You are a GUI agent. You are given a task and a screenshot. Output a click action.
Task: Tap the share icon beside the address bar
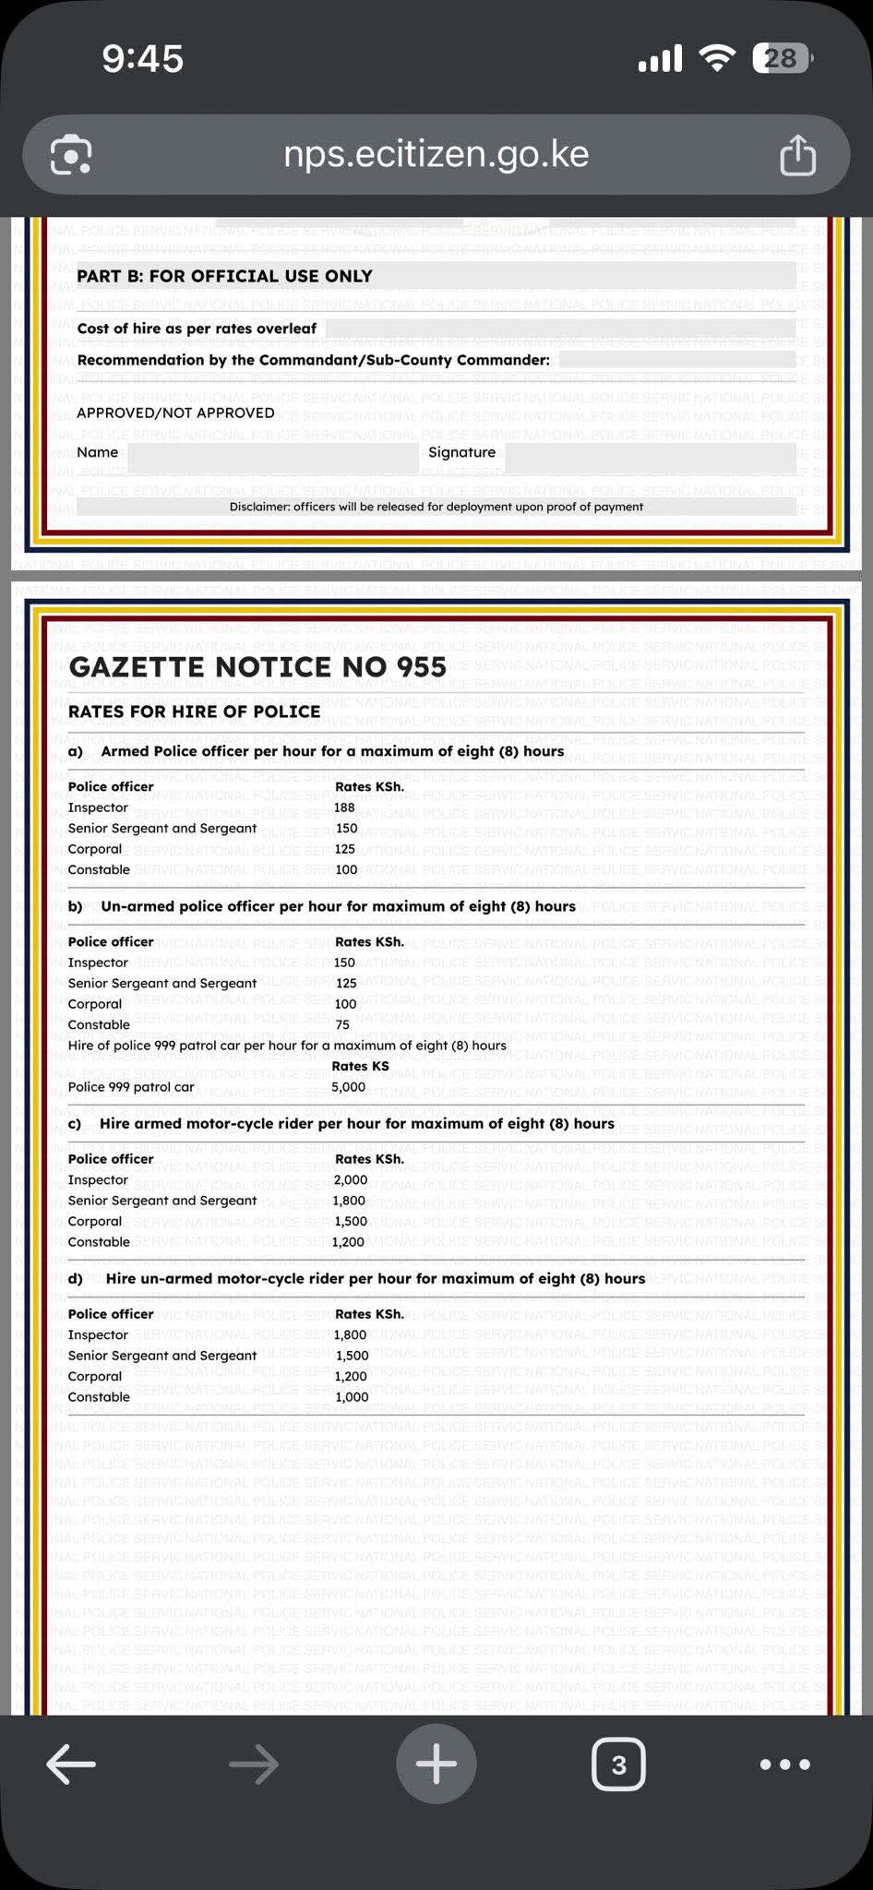(797, 155)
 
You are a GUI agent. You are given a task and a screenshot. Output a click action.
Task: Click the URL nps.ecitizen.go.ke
(436, 154)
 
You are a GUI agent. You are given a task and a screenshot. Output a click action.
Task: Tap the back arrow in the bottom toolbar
(71, 1764)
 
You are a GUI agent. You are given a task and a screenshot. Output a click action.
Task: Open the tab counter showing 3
(618, 1764)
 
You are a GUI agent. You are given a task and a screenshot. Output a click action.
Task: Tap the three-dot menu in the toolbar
(784, 1764)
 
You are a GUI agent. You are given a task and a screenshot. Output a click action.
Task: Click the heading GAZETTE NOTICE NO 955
(257, 667)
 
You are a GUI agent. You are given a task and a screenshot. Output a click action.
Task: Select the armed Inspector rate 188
(344, 807)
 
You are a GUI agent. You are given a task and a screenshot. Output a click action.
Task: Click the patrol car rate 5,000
(349, 1087)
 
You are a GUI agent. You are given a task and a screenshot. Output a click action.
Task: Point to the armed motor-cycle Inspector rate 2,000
(351, 1180)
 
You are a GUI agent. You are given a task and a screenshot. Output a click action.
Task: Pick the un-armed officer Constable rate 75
(342, 1025)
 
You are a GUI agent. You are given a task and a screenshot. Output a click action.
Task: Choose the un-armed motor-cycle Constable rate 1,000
(352, 1397)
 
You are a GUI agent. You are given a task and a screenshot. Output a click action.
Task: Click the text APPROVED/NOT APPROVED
(175, 413)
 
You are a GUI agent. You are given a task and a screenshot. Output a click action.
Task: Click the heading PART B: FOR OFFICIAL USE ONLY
(224, 276)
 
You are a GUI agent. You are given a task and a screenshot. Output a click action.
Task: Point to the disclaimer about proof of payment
(436, 507)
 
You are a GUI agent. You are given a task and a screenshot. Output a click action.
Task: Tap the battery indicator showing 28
(782, 59)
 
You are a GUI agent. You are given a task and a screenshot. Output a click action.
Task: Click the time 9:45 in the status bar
(143, 59)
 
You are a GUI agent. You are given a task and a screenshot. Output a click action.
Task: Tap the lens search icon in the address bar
(71, 155)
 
